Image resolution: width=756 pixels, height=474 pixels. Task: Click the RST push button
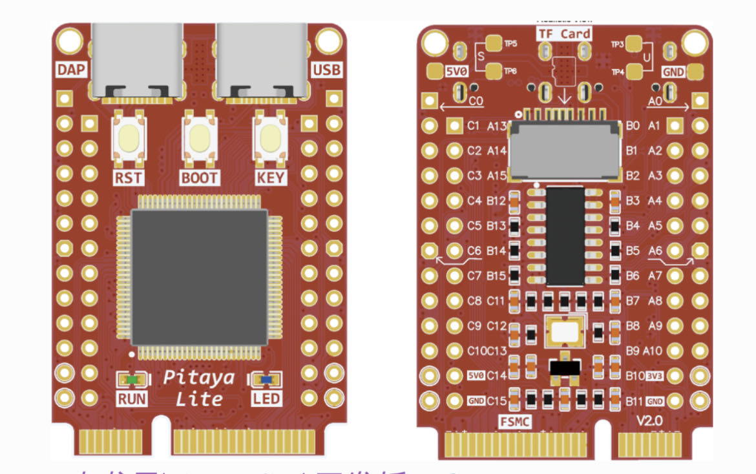pyautogui.click(x=129, y=138)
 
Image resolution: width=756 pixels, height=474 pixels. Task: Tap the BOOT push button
pyautogui.click(x=199, y=138)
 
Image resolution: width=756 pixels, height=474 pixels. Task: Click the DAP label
pyautogui.click(x=72, y=70)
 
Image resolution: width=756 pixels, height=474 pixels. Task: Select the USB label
pyautogui.click(x=327, y=70)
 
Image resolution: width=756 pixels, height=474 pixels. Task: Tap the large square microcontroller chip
pyautogui.click(x=200, y=276)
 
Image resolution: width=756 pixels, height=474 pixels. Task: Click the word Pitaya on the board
pyautogui.click(x=198, y=377)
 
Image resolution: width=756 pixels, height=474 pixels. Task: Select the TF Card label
pyautogui.click(x=564, y=34)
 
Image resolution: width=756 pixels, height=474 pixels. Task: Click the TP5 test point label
pyautogui.click(x=510, y=44)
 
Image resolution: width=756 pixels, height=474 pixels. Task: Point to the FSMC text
pyautogui.click(x=516, y=422)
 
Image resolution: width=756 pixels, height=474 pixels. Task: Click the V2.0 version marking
pyautogui.click(x=651, y=420)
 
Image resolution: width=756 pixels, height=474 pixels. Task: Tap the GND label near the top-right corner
pyautogui.click(x=673, y=72)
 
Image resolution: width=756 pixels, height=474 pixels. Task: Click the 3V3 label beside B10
pyautogui.click(x=655, y=376)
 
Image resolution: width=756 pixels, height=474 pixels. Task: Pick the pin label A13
pyautogui.click(x=497, y=126)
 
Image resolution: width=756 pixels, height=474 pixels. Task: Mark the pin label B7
pyautogui.click(x=633, y=301)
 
